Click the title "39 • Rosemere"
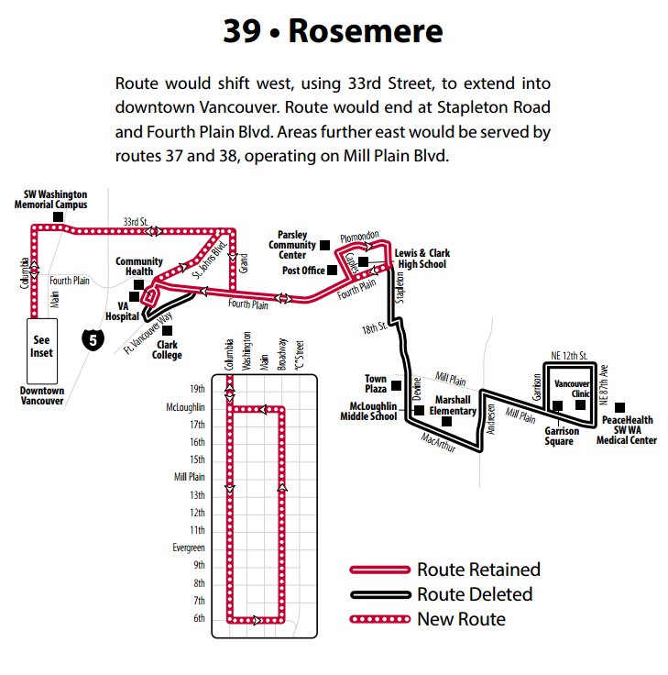[x=334, y=31]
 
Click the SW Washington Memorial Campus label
[x=56, y=200]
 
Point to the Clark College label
[x=168, y=350]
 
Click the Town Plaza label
[x=376, y=383]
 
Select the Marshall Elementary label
[x=455, y=405]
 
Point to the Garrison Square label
[x=559, y=436]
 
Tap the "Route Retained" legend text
[x=477, y=570]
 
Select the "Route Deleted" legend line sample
[x=379, y=594]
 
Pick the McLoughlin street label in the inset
[x=186, y=406]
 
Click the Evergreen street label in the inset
[x=188, y=548]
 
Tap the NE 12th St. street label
[x=568, y=355]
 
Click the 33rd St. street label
[x=135, y=221]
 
